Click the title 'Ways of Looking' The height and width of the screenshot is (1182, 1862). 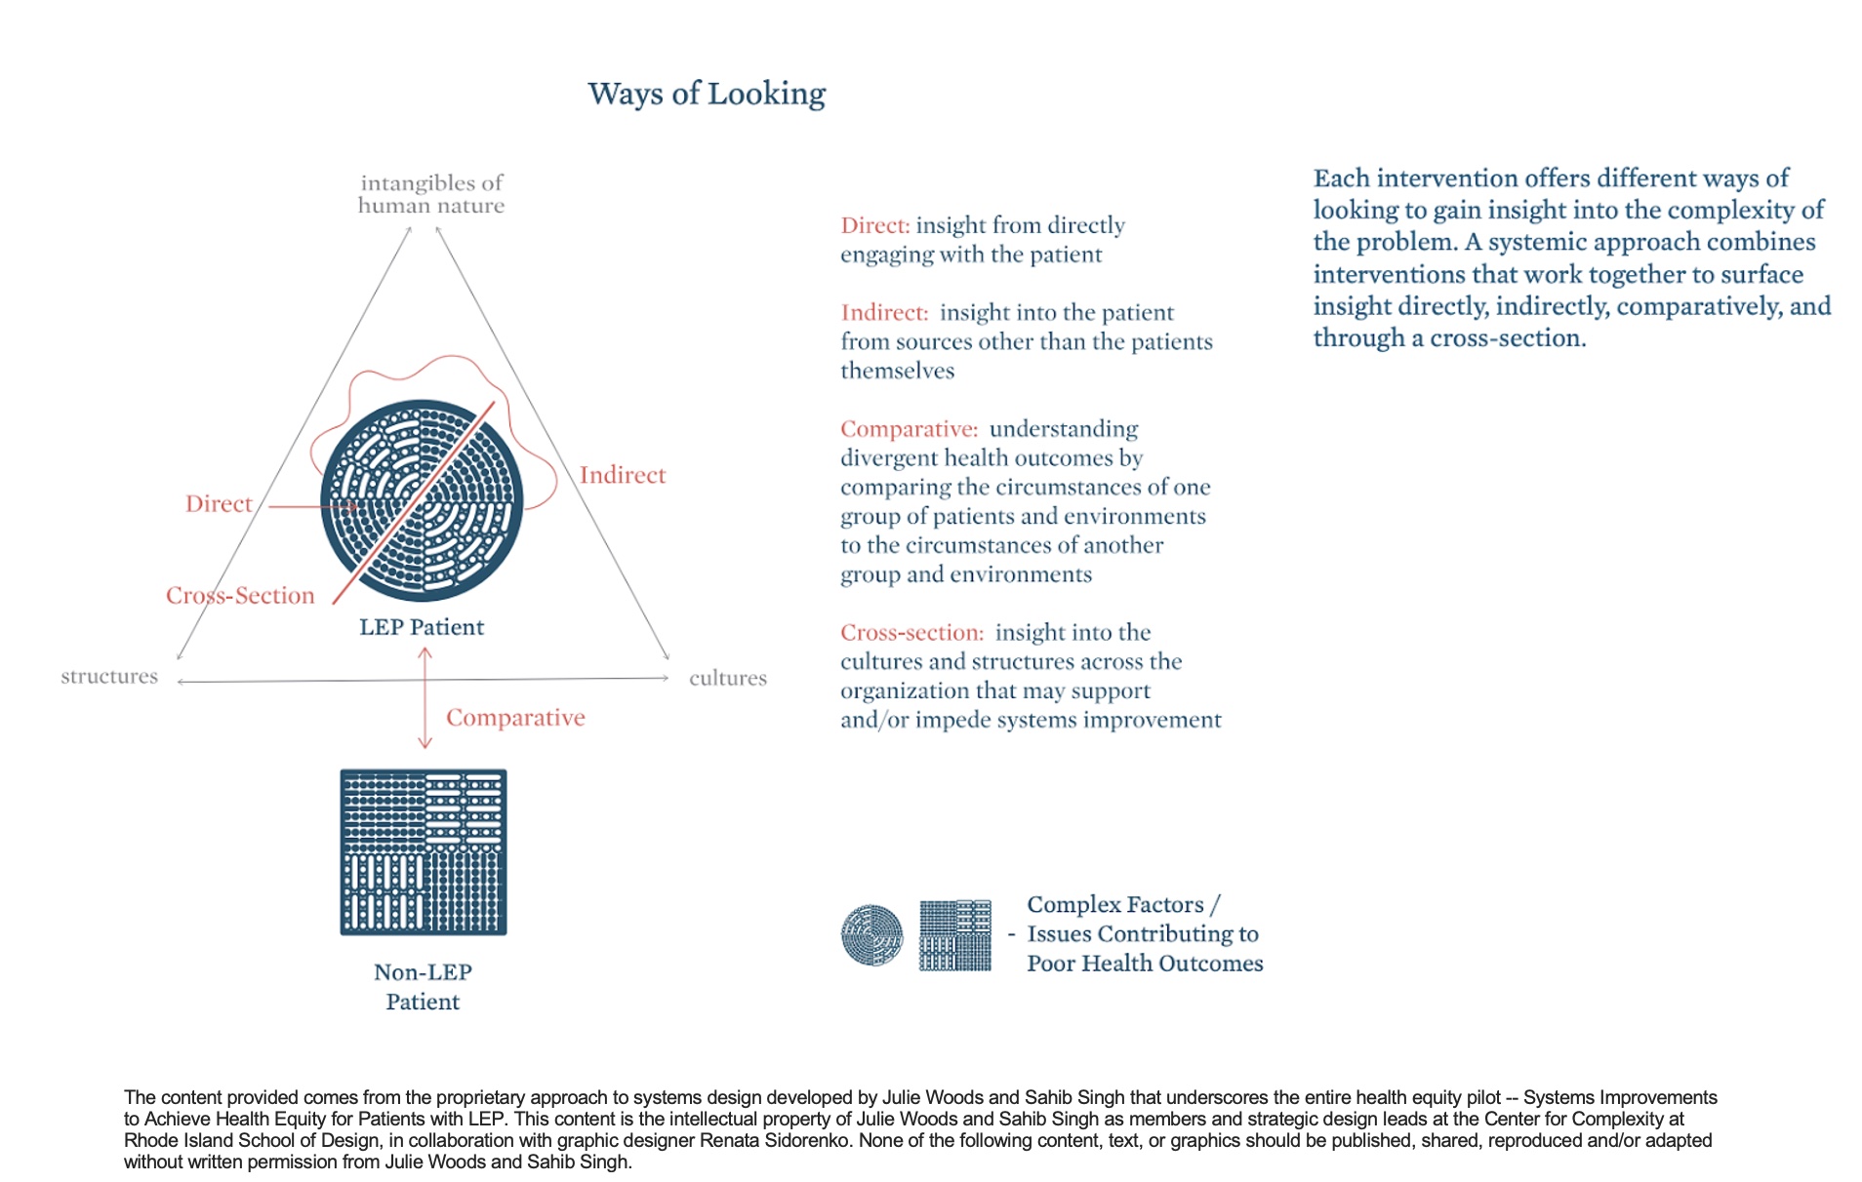tap(707, 94)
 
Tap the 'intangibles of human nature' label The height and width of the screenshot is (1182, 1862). tap(431, 194)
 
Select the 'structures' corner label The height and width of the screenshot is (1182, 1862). tap(109, 676)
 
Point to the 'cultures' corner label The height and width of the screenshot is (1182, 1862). tap(728, 678)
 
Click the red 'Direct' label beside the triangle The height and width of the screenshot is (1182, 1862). tap(219, 504)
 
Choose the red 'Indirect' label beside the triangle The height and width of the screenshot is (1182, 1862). tap(623, 475)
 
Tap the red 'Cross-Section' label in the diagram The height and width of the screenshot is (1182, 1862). tap(240, 596)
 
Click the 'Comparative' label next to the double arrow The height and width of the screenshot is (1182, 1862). tap(515, 718)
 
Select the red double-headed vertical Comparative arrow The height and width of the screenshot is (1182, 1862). tap(425, 698)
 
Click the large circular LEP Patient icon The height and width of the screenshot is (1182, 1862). tap(422, 499)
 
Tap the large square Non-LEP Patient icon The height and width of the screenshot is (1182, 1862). tap(424, 852)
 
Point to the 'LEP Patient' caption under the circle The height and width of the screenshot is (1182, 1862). tap(422, 627)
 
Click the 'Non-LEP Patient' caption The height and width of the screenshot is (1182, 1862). tap(423, 987)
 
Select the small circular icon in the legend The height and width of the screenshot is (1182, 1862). tap(871, 935)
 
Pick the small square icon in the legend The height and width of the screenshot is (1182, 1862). tap(955, 935)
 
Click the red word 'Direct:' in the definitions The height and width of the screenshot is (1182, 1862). tap(874, 226)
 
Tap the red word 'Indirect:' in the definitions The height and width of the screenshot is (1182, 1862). tap(884, 313)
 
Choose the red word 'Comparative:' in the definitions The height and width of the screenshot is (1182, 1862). tap(909, 429)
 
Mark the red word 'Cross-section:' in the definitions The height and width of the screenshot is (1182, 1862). tap(911, 633)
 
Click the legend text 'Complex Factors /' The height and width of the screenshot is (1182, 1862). tap(1123, 905)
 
